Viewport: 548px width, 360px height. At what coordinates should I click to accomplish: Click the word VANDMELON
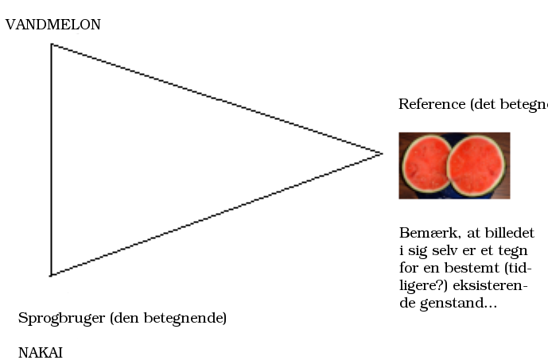tap(53, 25)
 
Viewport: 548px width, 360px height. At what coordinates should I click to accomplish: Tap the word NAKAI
tap(41, 353)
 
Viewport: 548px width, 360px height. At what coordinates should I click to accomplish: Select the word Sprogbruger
tap(61, 319)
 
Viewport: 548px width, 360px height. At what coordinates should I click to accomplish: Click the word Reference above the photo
tap(432, 104)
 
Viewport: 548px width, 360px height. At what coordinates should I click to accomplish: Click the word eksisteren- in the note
tap(490, 285)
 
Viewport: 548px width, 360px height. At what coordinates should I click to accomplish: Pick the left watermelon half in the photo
tap(426, 164)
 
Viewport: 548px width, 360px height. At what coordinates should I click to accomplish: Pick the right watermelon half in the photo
tap(476, 165)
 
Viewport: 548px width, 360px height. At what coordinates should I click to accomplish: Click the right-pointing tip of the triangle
tap(383, 153)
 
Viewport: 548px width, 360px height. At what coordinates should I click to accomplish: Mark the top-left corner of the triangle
tap(52, 45)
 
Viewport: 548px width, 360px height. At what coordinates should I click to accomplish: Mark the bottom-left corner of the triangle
tap(51, 276)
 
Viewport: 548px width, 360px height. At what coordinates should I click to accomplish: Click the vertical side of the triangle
tap(52, 160)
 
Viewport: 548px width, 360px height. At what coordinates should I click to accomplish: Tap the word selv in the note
tap(445, 250)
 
